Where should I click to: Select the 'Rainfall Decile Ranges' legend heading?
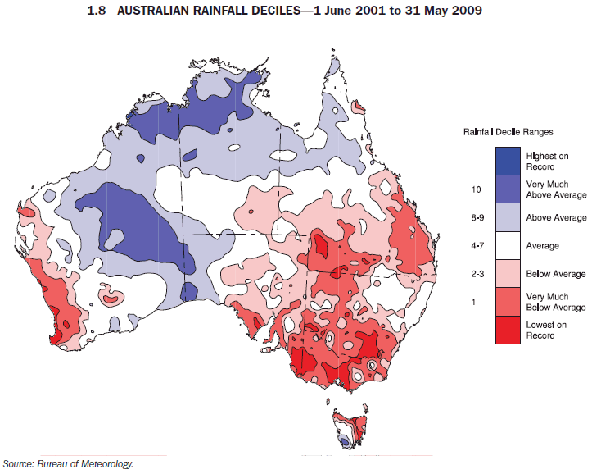coord(508,131)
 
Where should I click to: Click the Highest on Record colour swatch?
coord(508,161)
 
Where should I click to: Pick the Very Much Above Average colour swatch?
coord(508,189)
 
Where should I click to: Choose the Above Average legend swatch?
coord(508,217)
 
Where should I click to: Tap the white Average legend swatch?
coord(508,245)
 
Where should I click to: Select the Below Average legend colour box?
coord(508,273)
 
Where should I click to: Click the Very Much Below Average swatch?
coord(508,302)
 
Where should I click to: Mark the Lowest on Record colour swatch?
coord(508,330)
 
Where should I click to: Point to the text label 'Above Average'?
coord(557,217)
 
